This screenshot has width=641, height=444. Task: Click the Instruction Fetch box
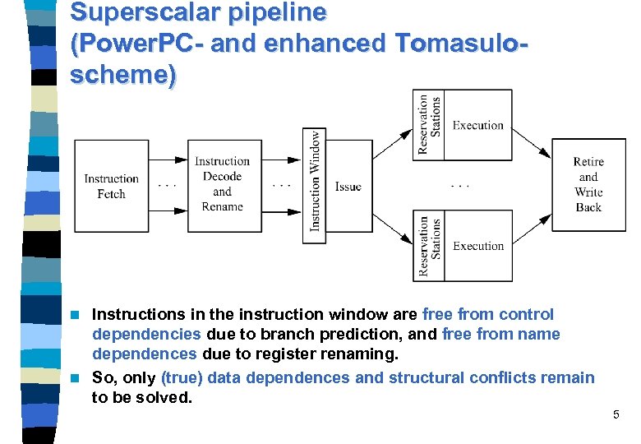pos(111,187)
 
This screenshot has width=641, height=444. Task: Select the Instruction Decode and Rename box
pos(222,185)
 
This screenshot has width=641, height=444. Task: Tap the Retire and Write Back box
pos(588,185)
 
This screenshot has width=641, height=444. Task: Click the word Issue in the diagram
pos(348,187)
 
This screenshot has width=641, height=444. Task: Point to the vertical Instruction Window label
pos(315,180)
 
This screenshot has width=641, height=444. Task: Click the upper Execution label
pos(477,125)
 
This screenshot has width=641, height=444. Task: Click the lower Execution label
pos(477,246)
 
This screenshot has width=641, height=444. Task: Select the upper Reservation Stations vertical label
pos(429,124)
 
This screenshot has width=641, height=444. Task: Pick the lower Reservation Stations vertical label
pos(429,246)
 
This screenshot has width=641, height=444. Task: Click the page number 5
pos(616,414)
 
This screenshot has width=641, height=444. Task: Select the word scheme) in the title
pos(123,75)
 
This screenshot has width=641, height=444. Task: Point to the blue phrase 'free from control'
pos(487,314)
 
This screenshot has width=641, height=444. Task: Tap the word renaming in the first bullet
pos(364,354)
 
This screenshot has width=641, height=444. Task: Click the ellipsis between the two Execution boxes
pos(460,184)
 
